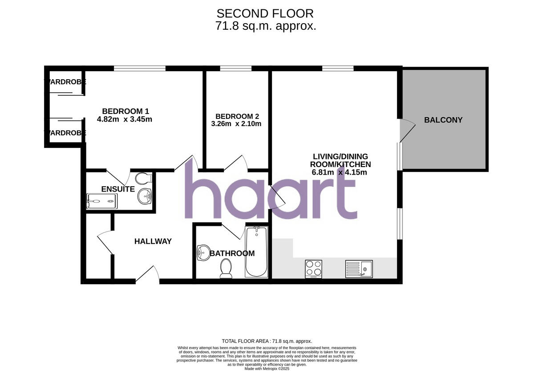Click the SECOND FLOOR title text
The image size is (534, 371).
point(265,13)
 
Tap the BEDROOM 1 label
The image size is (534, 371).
point(125,111)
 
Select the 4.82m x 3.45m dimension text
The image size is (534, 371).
point(125,119)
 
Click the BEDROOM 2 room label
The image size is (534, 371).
point(236,115)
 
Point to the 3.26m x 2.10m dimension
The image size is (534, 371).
point(236,124)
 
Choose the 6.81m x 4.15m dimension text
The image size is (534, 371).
point(340,172)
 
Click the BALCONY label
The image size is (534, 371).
point(443,120)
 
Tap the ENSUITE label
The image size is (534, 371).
point(118,189)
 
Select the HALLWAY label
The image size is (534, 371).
point(153,241)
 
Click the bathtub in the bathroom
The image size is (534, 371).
point(256,252)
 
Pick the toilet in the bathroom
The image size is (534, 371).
point(226,268)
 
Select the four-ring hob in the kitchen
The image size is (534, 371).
point(314,269)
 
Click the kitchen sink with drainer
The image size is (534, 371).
point(359,269)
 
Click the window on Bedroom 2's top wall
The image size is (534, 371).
point(235,68)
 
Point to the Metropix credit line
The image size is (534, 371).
point(267,368)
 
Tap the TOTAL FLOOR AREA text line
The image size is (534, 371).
point(267,341)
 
